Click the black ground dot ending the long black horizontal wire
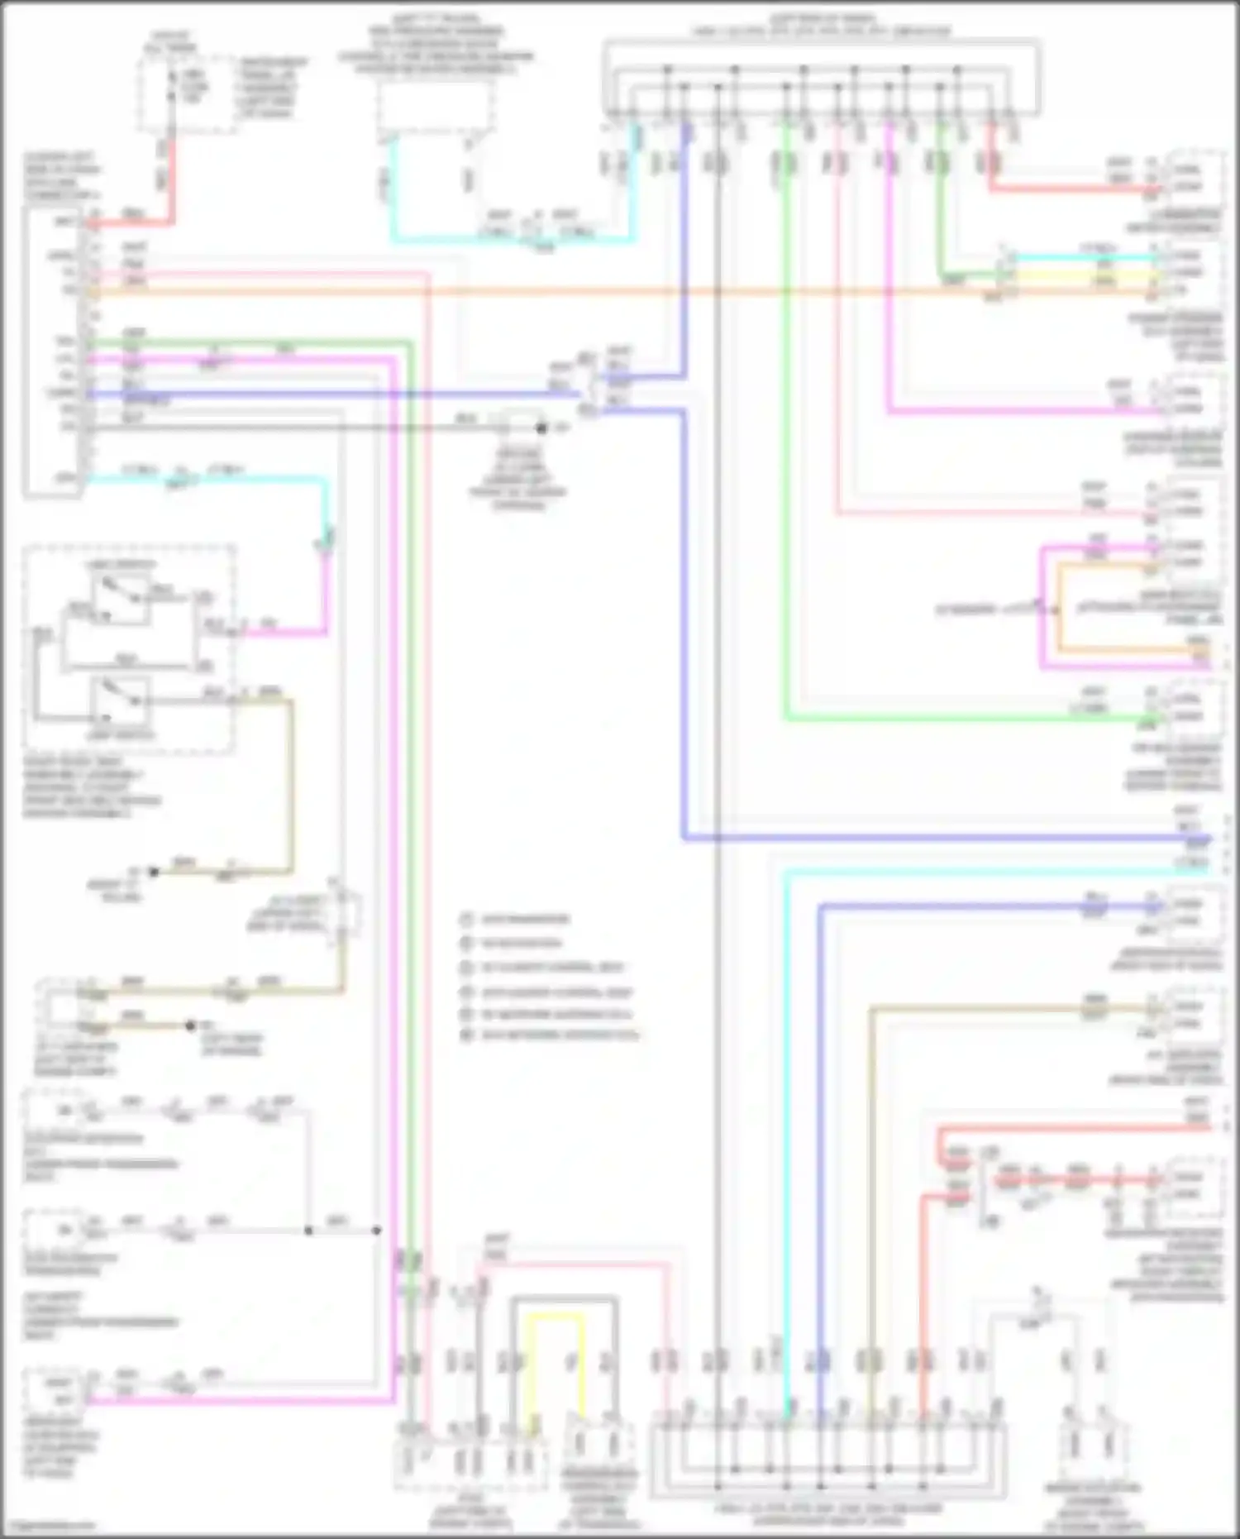(x=542, y=428)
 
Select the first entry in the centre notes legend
(x=517, y=920)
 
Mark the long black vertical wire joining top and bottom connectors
(x=718, y=744)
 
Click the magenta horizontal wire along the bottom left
(x=240, y=1400)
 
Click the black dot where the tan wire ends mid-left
(x=190, y=1026)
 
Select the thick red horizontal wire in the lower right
(x=1075, y=1128)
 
